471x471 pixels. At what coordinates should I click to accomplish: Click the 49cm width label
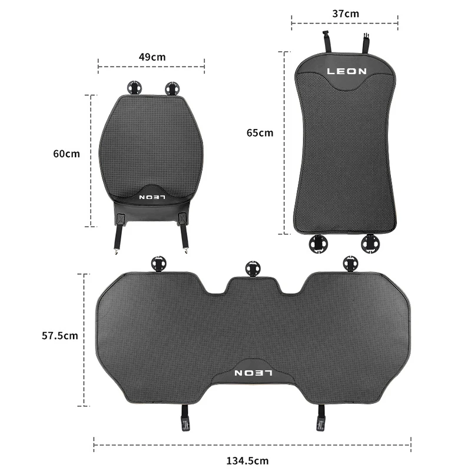152,57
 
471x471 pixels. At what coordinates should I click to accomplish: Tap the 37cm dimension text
346,14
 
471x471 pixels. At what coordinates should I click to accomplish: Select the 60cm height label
67,154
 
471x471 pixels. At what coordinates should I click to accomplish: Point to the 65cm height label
260,133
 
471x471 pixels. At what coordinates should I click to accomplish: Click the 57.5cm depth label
60,336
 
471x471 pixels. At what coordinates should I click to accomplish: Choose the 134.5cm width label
247,461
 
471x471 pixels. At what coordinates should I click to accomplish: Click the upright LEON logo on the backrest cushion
347,71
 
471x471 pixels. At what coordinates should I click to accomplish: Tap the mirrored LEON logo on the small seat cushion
152,197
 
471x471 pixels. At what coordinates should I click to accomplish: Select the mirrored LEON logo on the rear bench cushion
253,373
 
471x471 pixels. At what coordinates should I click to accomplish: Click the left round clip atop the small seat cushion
134,88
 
